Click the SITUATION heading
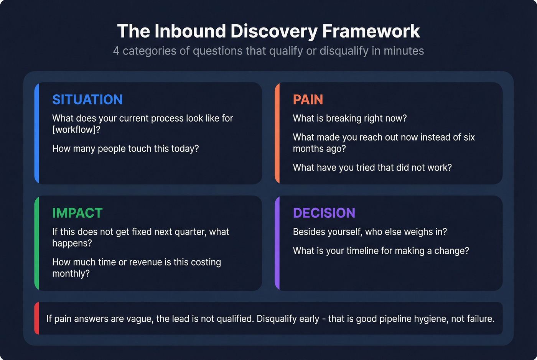click(x=87, y=100)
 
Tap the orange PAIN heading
click(x=308, y=100)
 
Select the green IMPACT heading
click(x=77, y=213)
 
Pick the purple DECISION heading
click(x=324, y=213)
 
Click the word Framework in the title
click(x=371, y=31)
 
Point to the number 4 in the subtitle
click(x=116, y=51)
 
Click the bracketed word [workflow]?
click(x=76, y=130)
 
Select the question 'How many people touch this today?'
click(x=125, y=149)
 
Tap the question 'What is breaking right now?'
click(x=349, y=118)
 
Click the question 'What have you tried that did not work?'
click(x=372, y=168)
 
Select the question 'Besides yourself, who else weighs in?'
click(x=370, y=232)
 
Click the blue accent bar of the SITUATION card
click(x=37, y=133)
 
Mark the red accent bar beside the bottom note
click(x=37, y=318)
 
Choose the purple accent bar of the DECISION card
click(x=277, y=243)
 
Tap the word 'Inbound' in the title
click(x=190, y=31)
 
